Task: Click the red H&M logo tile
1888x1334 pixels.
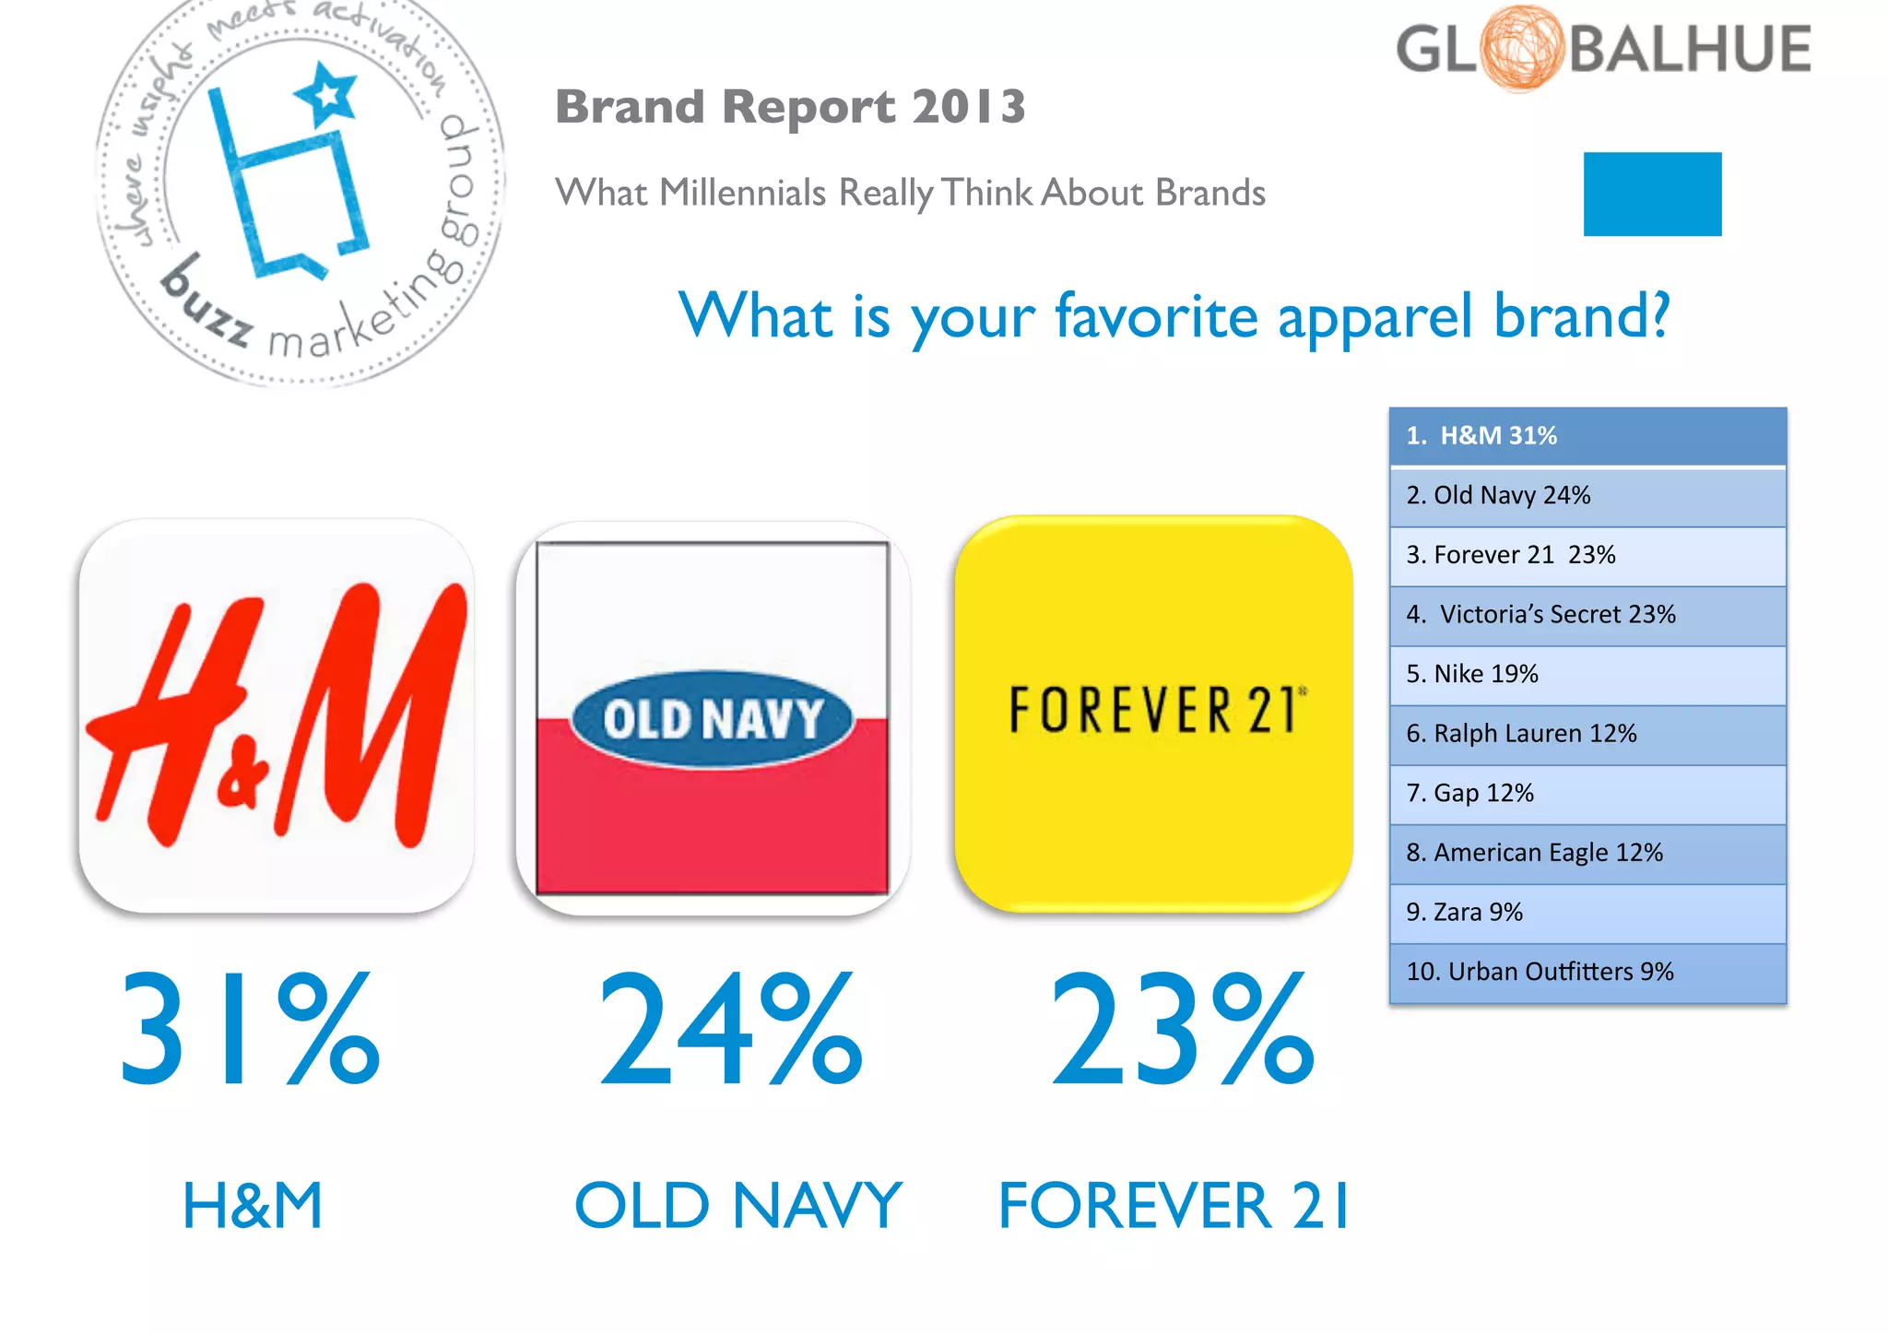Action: click(x=277, y=715)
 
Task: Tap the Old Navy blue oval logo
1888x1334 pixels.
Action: click(x=712, y=718)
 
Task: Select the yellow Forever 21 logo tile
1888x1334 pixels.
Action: click(x=1153, y=714)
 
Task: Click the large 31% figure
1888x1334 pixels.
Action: click(x=249, y=1030)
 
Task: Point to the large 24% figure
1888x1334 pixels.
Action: click(x=730, y=1030)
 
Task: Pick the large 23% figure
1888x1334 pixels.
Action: click(x=1182, y=1030)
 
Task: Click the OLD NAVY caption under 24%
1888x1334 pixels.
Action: click(x=737, y=1205)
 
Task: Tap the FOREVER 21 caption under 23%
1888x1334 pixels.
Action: click(x=1174, y=1205)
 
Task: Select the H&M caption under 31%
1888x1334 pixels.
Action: click(x=253, y=1205)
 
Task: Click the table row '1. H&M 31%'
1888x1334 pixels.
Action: click(x=1587, y=436)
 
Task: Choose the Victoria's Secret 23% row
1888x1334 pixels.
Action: click(x=1587, y=615)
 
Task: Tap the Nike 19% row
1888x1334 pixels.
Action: click(x=1587, y=675)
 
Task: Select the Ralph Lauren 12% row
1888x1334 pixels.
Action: click(x=1587, y=734)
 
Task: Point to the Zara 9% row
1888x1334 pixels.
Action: click(x=1587, y=913)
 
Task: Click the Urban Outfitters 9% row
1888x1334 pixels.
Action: click(x=1587, y=973)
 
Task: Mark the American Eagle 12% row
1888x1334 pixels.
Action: click(x=1587, y=853)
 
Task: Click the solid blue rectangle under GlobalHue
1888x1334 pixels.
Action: click(x=1652, y=194)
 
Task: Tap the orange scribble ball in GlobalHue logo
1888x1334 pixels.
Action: click(x=1522, y=48)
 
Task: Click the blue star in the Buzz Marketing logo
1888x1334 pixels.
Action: click(x=326, y=93)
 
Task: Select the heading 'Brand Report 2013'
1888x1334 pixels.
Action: click(x=790, y=106)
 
